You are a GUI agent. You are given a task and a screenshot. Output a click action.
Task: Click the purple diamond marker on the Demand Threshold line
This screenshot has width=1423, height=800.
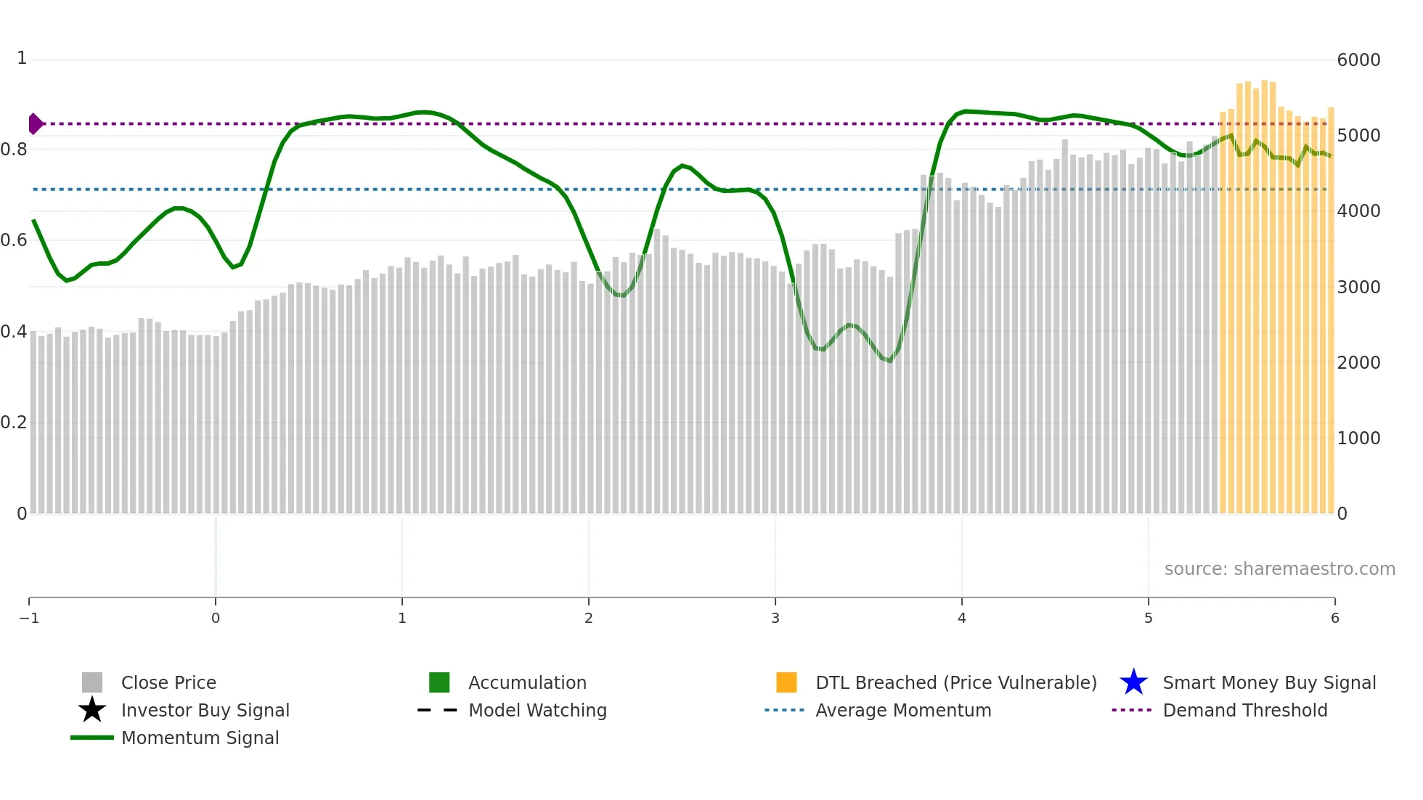click(x=35, y=124)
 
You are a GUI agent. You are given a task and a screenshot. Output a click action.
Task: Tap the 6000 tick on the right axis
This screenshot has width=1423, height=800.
click(x=1358, y=60)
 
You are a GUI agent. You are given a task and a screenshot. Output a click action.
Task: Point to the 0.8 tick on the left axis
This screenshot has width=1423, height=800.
click(x=14, y=150)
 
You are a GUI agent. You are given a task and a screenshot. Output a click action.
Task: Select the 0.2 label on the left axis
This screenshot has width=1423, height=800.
click(x=14, y=423)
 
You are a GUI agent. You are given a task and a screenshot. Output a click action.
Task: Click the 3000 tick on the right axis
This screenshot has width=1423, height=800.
click(x=1358, y=287)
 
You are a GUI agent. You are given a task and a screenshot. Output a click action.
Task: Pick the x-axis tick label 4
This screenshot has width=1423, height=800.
click(x=961, y=619)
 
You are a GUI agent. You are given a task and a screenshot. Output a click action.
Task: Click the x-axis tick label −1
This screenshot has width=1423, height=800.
click(x=29, y=619)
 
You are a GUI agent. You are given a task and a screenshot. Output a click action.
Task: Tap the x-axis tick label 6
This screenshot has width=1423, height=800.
click(x=1334, y=619)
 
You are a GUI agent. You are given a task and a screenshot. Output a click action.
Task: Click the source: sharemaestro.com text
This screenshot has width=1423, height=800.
click(x=1279, y=569)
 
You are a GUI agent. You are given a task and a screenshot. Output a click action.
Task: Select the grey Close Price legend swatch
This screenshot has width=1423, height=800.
click(x=92, y=682)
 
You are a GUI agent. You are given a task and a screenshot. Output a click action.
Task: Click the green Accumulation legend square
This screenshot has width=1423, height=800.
click(x=439, y=682)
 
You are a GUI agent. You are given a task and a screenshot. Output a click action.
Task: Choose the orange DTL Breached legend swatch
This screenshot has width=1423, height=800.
click(x=786, y=682)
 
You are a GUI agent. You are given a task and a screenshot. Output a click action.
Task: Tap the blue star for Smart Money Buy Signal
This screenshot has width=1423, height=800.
click(x=1133, y=682)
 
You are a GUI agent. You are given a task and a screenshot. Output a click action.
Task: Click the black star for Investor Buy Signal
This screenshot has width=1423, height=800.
click(x=92, y=710)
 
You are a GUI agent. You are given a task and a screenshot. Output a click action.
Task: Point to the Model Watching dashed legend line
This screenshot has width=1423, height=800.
click(x=437, y=710)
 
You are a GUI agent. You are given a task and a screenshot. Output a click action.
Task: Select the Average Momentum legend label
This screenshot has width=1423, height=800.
click(x=903, y=710)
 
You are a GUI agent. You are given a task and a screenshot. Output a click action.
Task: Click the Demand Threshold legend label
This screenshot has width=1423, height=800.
click(x=1244, y=710)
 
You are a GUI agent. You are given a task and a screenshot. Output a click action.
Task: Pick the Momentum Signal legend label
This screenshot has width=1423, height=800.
click(x=200, y=738)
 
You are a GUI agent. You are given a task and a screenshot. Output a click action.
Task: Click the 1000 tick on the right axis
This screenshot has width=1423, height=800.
click(x=1358, y=438)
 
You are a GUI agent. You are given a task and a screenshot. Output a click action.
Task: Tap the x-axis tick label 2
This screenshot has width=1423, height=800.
click(x=588, y=619)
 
